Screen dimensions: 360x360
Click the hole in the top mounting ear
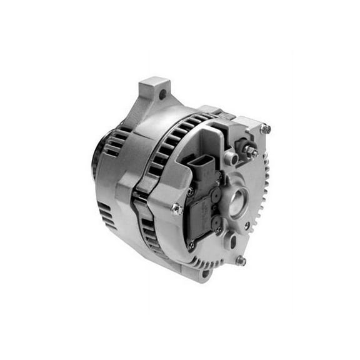coord(162,94)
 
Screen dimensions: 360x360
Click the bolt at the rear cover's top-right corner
coord(265,129)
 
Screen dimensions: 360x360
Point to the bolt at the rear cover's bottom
coord(240,260)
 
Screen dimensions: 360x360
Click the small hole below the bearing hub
coord(247,224)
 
